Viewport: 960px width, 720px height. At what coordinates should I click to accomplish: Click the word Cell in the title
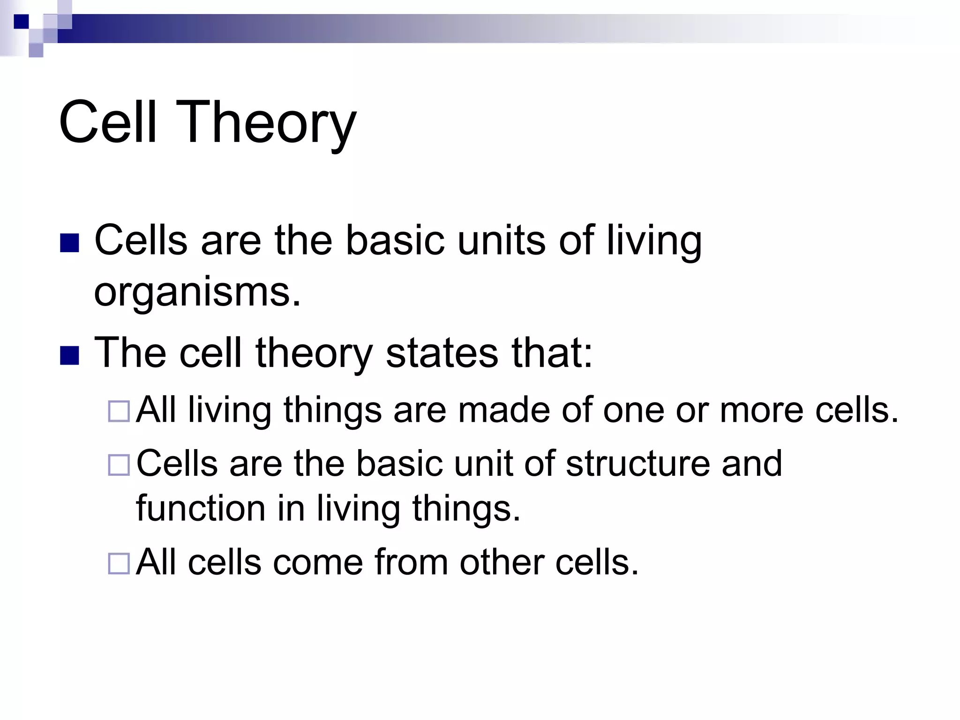(x=107, y=123)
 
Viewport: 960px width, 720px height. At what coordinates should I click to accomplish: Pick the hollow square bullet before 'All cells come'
(x=119, y=563)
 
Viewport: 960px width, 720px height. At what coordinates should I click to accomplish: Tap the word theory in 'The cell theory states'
(x=313, y=354)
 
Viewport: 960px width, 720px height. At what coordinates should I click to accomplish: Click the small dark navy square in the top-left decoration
(x=21, y=22)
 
